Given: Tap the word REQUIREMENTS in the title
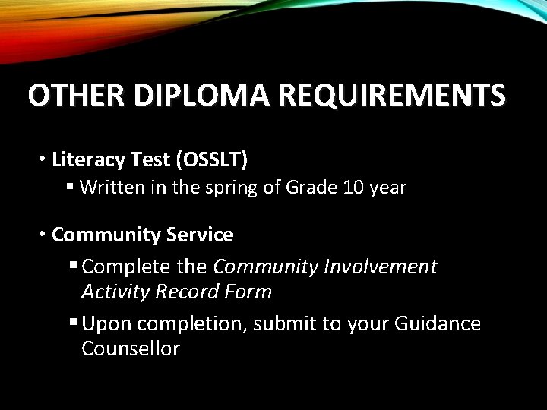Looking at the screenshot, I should click(x=390, y=96).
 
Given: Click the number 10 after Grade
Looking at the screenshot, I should click(x=353, y=187).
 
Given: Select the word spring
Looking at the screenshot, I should click(x=229, y=188).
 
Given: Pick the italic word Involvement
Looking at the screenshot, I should click(x=381, y=266).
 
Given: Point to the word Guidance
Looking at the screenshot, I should click(x=438, y=324).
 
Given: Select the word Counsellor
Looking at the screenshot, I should click(x=130, y=349).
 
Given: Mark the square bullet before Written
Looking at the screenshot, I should click(x=70, y=187).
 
